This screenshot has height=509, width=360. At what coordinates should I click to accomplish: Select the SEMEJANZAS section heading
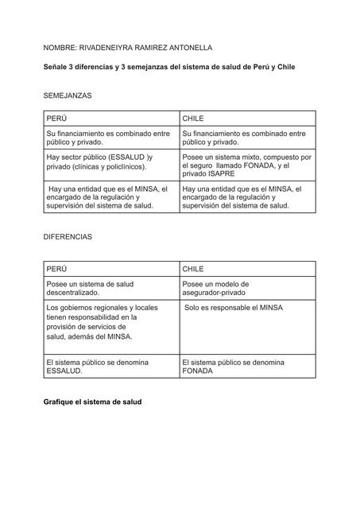point(68,95)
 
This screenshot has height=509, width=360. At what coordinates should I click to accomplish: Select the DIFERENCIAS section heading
point(68,237)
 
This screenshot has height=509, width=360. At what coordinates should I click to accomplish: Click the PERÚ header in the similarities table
point(57,118)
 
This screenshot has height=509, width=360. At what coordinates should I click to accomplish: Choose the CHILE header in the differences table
point(194,269)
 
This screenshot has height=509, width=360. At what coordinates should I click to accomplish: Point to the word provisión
point(64,327)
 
